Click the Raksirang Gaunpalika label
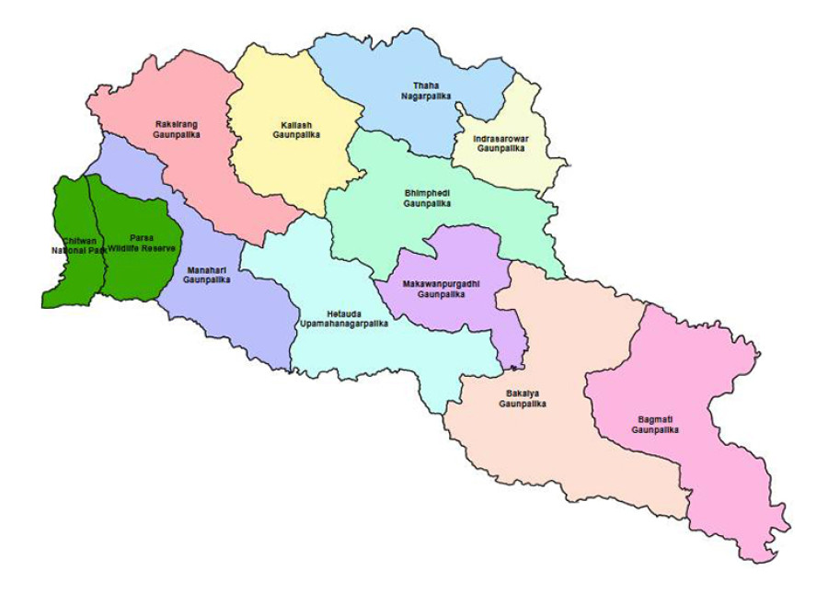pyautogui.click(x=176, y=128)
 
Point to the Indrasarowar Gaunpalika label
pyautogui.click(x=500, y=142)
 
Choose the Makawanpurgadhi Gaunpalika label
pyautogui.click(x=435, y=290)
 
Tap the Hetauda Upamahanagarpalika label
pyautogui.click(x=343, y=318)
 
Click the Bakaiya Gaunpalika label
pyautogui.click(x=523, y=398)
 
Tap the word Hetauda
pyautogui.click(x=344, y=313)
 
